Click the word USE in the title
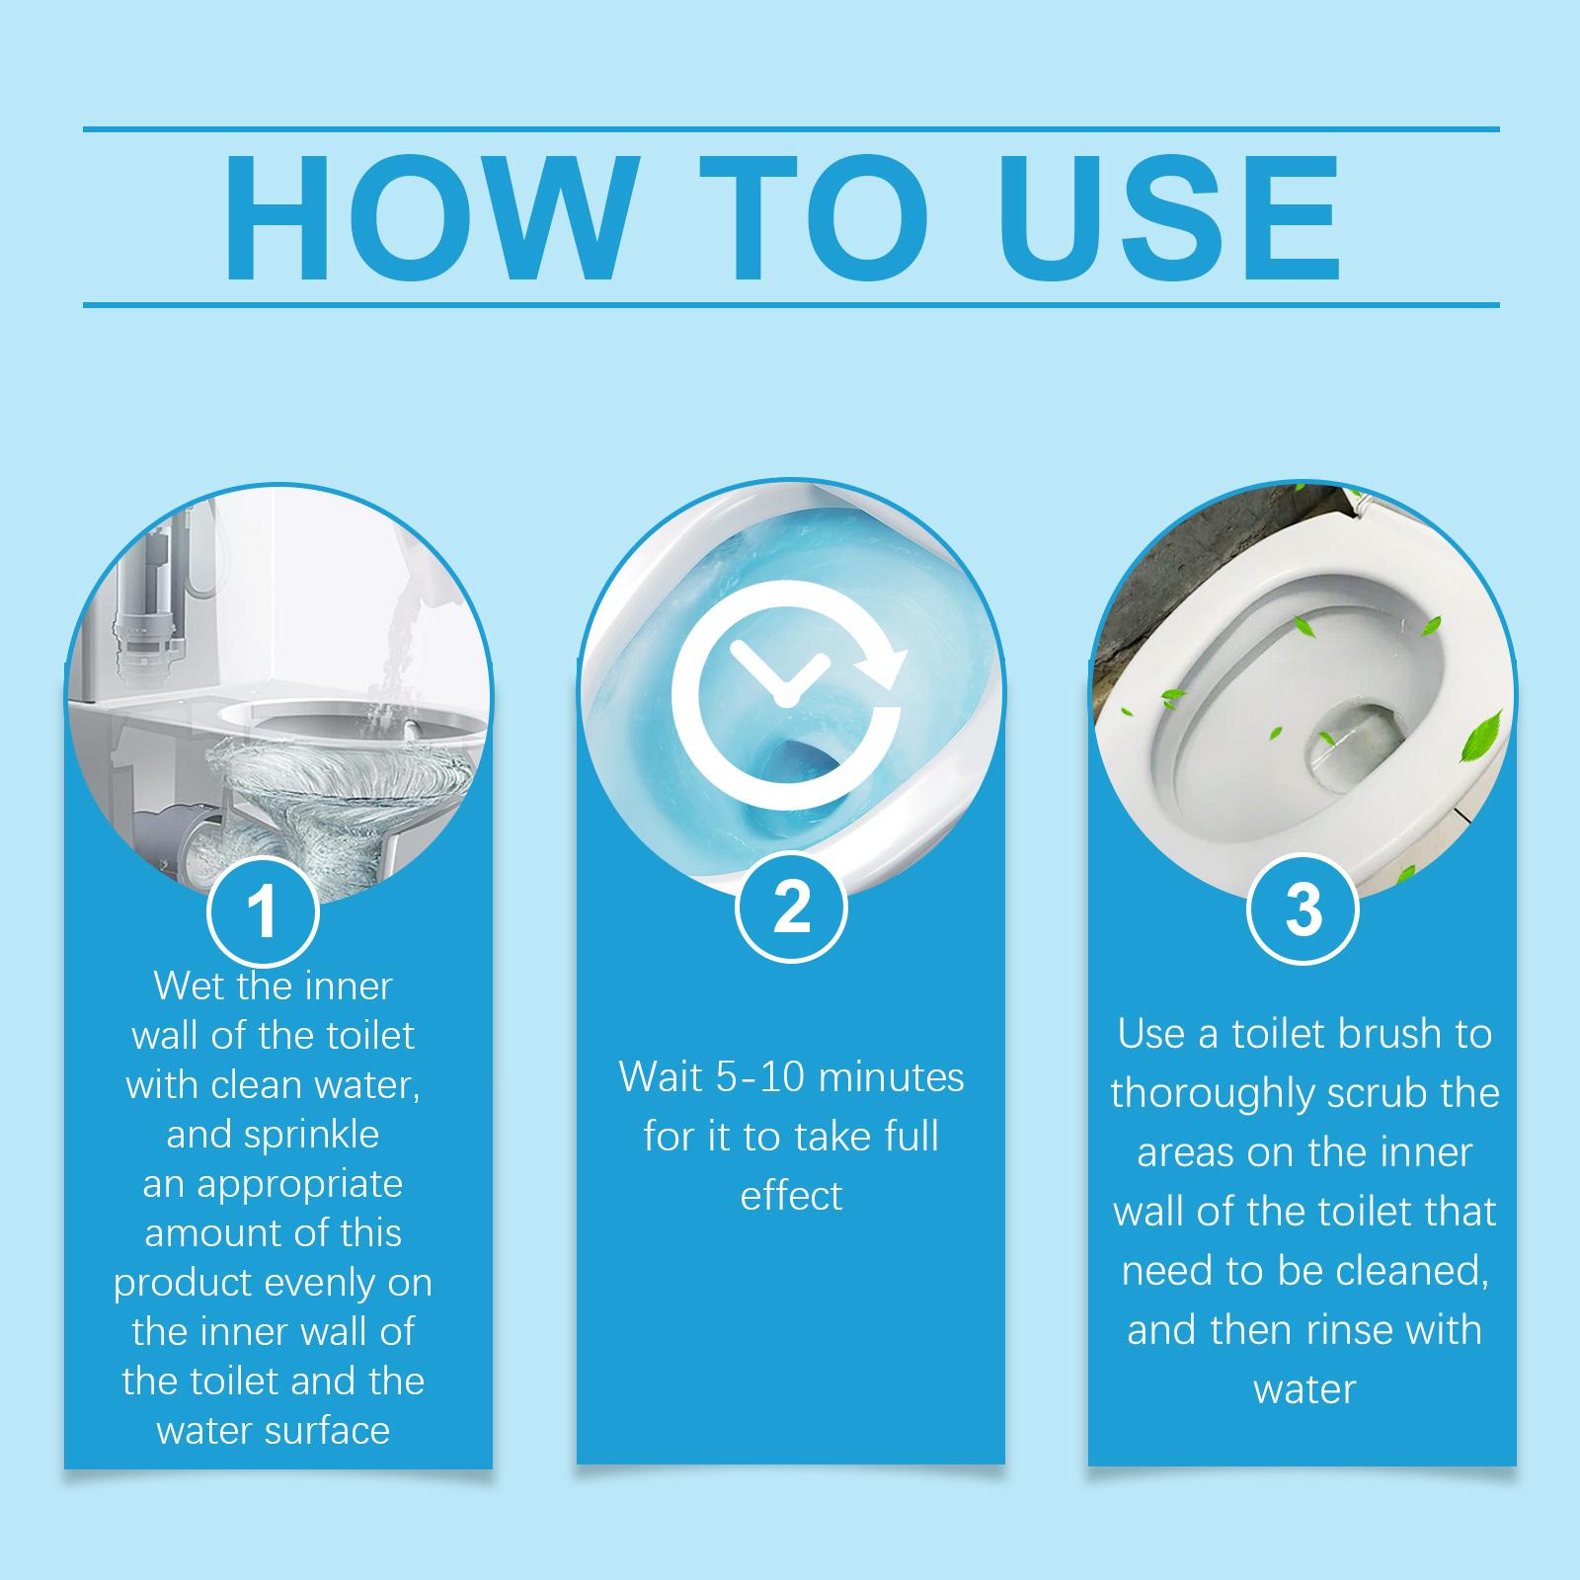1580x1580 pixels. (1174, 218)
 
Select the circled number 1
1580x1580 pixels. (263, 912)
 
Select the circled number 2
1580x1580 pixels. (792, 907)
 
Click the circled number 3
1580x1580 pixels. (1303, 910)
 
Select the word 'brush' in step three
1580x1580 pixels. (1384, 1034)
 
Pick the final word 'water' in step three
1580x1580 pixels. (1304, 1389)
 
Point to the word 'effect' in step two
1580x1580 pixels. (791, 1196)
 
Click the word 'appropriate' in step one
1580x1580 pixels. (300, 1184)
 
